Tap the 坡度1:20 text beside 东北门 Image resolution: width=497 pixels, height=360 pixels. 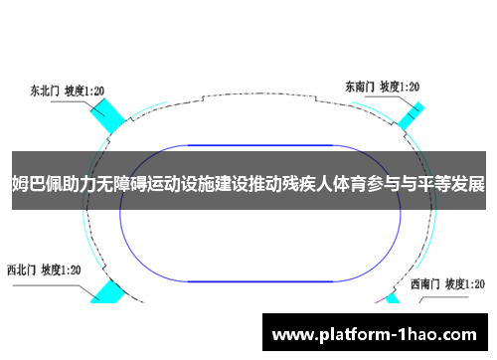click(85, 90)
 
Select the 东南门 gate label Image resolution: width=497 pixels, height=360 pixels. click(360, 86)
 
